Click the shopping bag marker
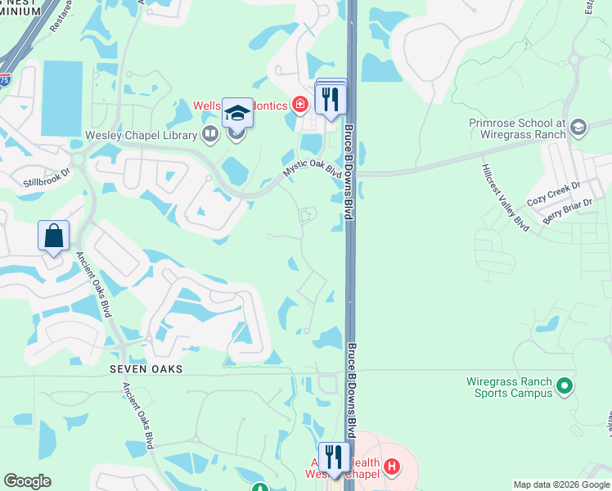click(53, 236)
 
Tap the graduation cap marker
click(237, 114)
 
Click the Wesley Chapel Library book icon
click(210, 133)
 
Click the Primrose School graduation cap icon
click(578, 127)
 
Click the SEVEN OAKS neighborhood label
click(146, 370)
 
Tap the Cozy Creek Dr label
click(552, 200)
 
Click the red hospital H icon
click(393, 467)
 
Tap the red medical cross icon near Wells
click(300, 105)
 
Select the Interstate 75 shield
click(5, 79)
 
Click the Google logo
click(27, 481)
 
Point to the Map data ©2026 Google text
click(560, 484)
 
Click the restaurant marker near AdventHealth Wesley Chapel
click(334, 456)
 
